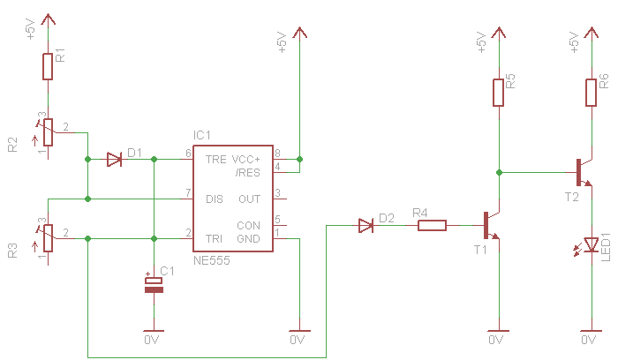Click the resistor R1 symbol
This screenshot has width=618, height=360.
[x=48, y=66]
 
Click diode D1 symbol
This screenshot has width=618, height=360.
[x=114, y=160]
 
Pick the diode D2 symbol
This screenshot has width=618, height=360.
[x=366, y=226]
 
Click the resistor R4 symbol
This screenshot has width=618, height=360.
[x=432, y=226]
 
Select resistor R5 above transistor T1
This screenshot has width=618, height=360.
[x=499, y=92]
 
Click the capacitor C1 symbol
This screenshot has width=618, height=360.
[x=154, y=282]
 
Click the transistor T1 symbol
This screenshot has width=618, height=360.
[x=491, y=226]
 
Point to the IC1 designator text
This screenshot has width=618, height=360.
[x=202, y=135]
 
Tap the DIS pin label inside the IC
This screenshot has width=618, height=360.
[x=215, y=199]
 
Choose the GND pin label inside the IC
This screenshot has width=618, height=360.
[x=249, y=238]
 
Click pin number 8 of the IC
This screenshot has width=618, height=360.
[x=277, y=154]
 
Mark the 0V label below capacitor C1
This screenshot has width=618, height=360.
[x=151, y=339]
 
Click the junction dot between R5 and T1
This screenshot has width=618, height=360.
[x=499, y=172]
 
